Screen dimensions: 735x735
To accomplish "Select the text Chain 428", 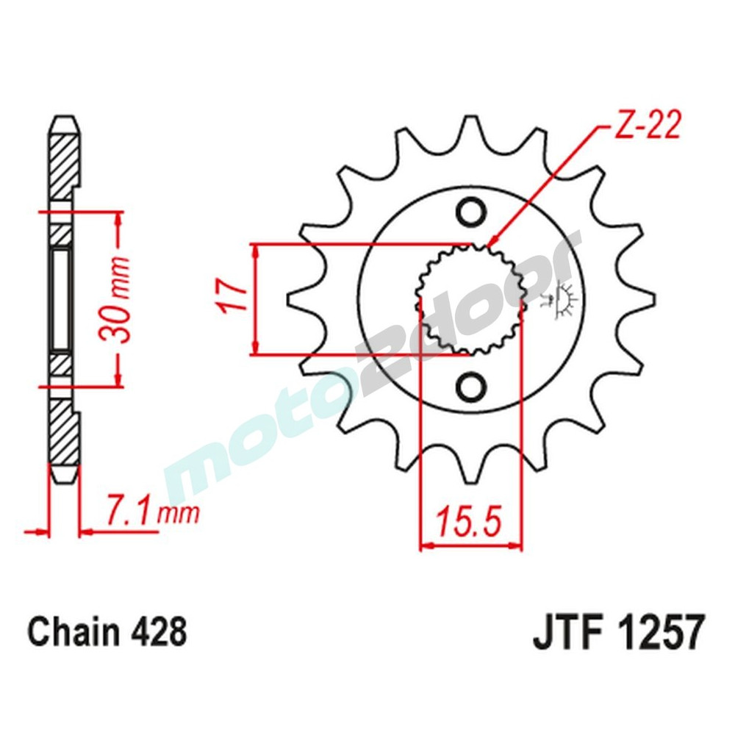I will tap(107, 631).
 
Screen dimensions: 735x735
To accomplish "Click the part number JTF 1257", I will tap(618, 633).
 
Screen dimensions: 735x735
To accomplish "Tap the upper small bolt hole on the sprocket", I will tap(471, 213).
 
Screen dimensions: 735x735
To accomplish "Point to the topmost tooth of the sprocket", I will tap(470, 132).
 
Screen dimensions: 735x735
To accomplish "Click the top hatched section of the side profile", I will tap(62, 162).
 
